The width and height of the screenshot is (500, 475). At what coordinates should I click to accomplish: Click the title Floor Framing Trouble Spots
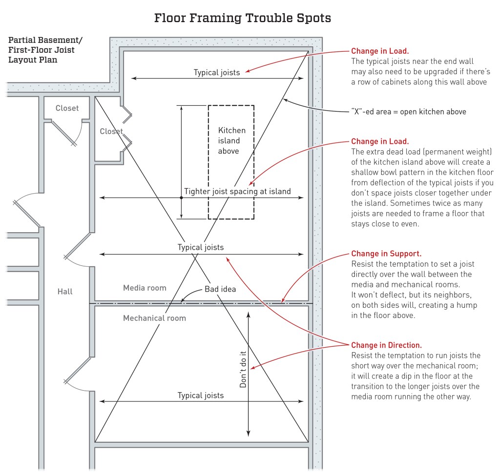click(x=243, y=19)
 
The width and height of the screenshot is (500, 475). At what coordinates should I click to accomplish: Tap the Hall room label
click(x=65, y=292)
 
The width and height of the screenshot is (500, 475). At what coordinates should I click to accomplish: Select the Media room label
click(x=145, y=288)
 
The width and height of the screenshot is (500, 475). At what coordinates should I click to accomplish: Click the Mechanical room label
click(x=154, y=318)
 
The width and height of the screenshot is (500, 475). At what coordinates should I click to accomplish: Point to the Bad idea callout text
click(x=220, y=289)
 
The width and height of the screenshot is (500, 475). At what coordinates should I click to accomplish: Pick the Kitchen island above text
click(x=231, y=140)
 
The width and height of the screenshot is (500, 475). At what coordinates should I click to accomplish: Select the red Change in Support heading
click(x=386, y=254)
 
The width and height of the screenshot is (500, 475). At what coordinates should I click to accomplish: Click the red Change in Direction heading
click(x=390, y=345)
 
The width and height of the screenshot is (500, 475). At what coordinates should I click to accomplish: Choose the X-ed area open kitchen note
click(x=409, y=112)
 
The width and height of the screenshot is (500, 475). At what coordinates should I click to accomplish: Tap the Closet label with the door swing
click(x=67, y=108)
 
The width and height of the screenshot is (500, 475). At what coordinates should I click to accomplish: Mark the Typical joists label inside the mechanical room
click(x=201, y=395)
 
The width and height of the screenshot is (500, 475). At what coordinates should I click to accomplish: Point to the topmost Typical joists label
click(x=217, y=73)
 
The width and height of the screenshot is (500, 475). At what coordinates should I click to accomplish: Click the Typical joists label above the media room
click(x=201, y=247)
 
